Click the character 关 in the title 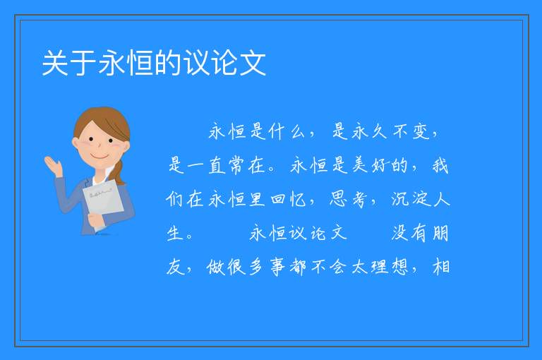coord(55,63)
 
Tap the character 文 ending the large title coord(253,63)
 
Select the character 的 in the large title coord(168,63)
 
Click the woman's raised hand coord(53,165)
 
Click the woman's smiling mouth coord(100,156)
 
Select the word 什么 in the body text coord(287,132)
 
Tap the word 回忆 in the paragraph coord(288,199)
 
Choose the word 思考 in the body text coord(349,199)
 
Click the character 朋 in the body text coord(440,233)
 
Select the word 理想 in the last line coord(390,267)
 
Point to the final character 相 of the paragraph coord(441,267)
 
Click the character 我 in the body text coord(440,165)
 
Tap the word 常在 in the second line coord(247,165)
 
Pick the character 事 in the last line coord(278,267)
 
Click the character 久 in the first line coord(380,132)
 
